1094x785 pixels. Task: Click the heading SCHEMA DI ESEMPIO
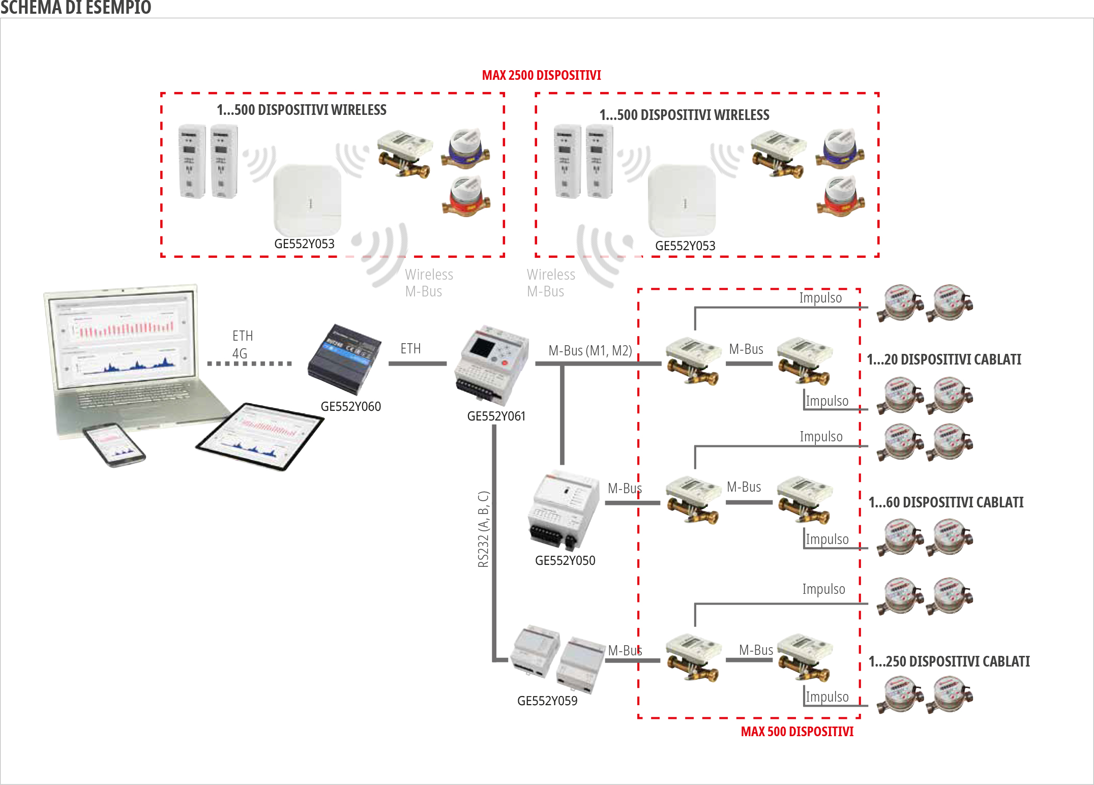(x=75, y=8)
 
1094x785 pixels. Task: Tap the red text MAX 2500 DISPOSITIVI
(x=541, y=75)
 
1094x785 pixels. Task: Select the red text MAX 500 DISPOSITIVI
(x=797, y=731)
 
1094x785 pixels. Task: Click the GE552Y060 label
(x=350, y=406)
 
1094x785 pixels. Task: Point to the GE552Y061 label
(x=496, y=416)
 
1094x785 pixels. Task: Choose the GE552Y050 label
(x=565, y=560)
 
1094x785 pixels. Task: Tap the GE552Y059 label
(x=547, y=701)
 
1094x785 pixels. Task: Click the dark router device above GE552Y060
(x=344, y=359)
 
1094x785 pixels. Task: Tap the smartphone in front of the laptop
(x=114, y=444)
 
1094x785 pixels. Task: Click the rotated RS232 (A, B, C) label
(x=483, y=529)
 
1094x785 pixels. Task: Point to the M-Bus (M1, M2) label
(x=590, y=350)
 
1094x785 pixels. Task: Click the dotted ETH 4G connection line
(x=249, y=364)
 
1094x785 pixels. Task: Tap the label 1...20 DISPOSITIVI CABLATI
(x=943, y=359)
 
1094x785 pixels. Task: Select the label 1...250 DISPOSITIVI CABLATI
(x=949, y=661)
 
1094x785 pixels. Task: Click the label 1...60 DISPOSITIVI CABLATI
(x=946, y=502)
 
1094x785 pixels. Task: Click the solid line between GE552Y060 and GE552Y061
(x=417, y=364)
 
